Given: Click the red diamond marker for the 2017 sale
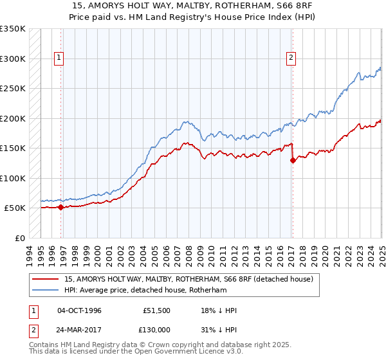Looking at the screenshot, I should [293, 161].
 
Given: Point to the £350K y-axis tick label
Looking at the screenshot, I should [13, 29].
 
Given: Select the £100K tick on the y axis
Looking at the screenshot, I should [13, 178].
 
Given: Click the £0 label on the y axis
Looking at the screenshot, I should [21, 238].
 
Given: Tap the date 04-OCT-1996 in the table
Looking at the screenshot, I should [80, 310].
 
